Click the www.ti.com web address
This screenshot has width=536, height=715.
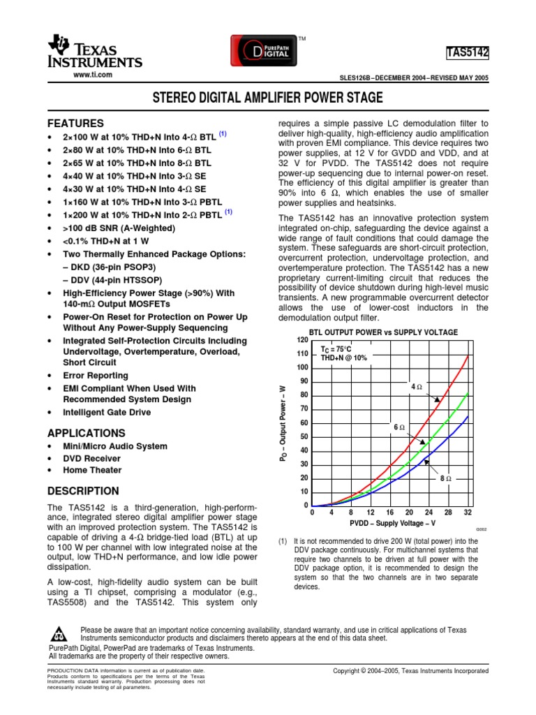(93, 74)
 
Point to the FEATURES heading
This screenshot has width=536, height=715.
(75, 123)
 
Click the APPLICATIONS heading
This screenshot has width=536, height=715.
(86, 433)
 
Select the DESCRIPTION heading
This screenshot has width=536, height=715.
(82, 491)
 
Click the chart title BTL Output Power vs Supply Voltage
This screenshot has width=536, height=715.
(383, 332)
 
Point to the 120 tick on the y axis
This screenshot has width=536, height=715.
(302, 339)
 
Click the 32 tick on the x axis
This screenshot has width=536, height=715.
(468, 513)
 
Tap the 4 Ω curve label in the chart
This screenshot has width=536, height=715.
(417, 386)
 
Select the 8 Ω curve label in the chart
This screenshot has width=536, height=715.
(446, 478)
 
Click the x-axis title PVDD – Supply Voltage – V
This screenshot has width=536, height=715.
(392, 523)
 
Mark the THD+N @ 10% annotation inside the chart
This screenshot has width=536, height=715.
(343, 357)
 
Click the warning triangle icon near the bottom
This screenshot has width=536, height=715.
(59, 635)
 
